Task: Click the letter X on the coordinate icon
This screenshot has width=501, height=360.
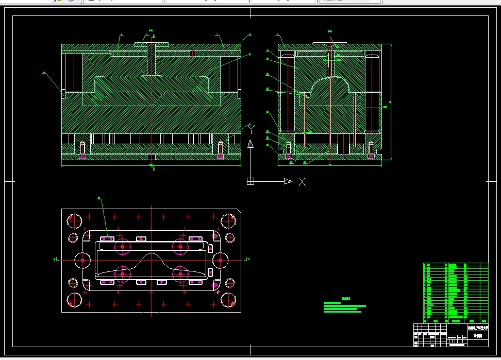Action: [x=303, y=181]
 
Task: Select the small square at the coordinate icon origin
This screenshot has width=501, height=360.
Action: [x=250, y=181]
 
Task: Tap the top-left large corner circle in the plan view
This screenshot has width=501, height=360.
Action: [x=75, y=221]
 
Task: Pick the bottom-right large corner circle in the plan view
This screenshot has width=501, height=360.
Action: [x=228, y=299]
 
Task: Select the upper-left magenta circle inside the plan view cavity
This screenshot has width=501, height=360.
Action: [x=122, y=247]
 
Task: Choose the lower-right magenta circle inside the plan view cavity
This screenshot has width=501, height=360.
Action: [x=180, y=274]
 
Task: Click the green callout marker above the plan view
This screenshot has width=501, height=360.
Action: [x=99, y=197]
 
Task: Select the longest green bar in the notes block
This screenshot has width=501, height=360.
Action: [x=344, y=305]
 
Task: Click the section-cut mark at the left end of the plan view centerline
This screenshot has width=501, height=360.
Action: [x=55, y=260]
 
